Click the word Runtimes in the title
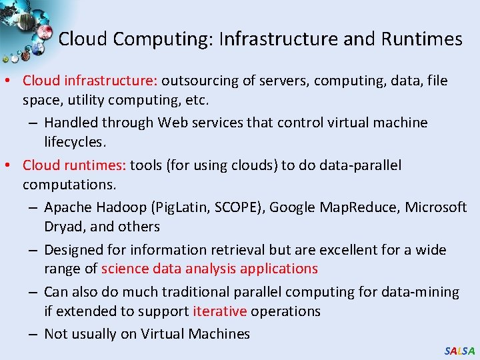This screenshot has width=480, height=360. [x=421, y=39]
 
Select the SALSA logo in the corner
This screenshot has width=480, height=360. [x=459, y=351]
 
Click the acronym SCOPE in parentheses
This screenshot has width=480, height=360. [x=237, y=207]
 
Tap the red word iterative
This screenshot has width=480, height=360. [x=220, y=311]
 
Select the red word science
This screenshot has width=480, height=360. [x=125, y=269]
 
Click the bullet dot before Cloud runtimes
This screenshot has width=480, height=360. [x=12, y=165]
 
